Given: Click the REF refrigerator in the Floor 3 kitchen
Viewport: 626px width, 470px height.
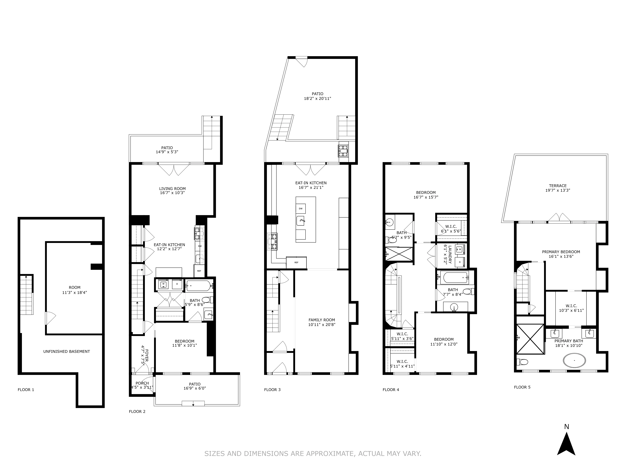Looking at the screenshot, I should [296, 262].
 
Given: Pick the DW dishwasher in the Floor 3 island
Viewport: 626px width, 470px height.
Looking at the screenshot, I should [301, 208].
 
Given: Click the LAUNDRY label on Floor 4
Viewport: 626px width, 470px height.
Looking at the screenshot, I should [450, 254].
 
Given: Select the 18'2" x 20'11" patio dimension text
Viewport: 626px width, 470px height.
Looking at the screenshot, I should [317, 99].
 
